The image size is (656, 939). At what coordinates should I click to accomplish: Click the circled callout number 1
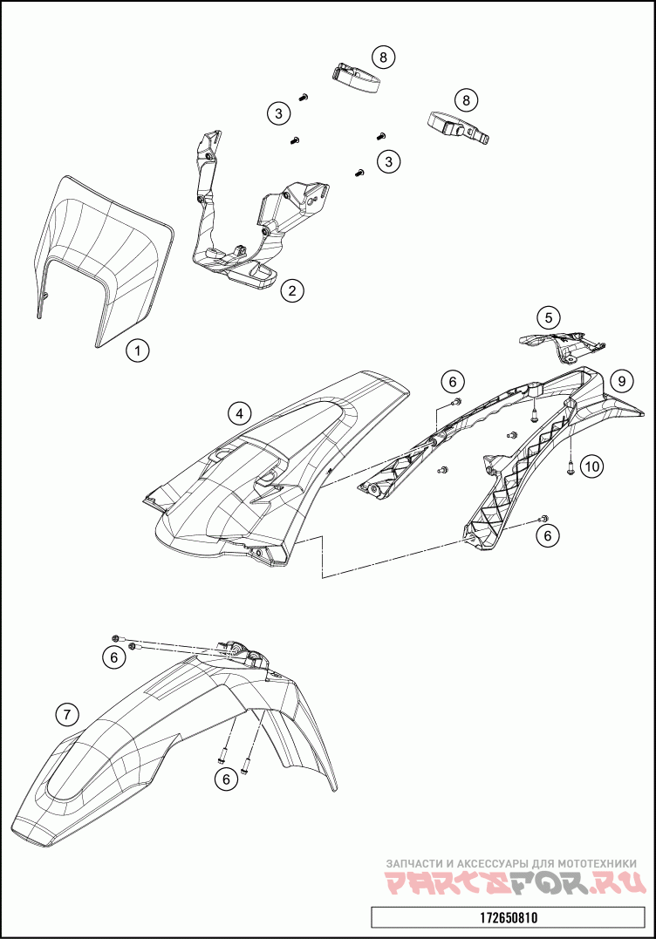pyautogui.click(x=136, y=350)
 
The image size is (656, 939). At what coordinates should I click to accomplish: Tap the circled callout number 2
pyautogui.click(x=293, y=290)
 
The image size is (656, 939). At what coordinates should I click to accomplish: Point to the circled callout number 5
pyautogui.click(x=547, y=317)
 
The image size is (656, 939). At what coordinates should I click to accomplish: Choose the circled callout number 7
pyautogui.click(x=66, y=715)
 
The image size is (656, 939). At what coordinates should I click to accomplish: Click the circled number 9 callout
pyautogui.click(x=620, y=380)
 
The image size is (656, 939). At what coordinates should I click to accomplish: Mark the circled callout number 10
pyautogui.click(x=592, y=466)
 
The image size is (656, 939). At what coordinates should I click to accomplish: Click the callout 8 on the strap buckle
pyautogui.click(x=466, y=100)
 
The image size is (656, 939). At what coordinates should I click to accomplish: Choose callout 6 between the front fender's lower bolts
pyautogui.click(x=226, y=779)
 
